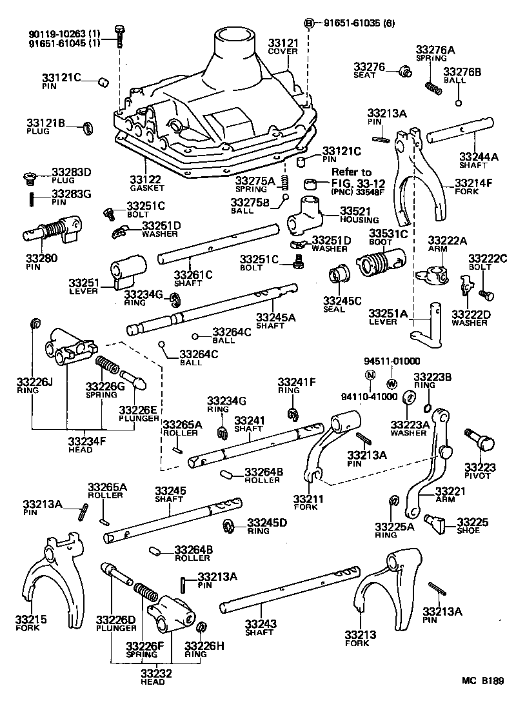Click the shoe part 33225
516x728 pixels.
point(437,523)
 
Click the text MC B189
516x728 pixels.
point(482,680)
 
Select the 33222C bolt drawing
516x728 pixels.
point(488,295)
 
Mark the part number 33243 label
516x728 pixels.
point(259,624)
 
